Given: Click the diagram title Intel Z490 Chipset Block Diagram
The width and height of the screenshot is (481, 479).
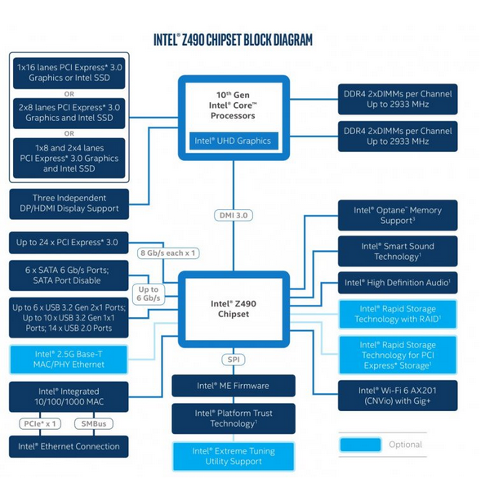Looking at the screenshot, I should click(x=233, y=39).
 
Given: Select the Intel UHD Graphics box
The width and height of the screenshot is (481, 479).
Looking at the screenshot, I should click(x=232, y=141).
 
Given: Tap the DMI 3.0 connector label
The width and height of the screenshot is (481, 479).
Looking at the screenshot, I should click(x=234, y=214).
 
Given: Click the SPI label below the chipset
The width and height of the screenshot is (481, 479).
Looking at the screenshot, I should click(x=233, y=360).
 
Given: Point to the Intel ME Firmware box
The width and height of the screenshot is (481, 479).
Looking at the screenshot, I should click(x=233, y=386).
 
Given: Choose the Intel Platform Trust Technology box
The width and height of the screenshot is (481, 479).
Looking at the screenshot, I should click(x=233, y=419).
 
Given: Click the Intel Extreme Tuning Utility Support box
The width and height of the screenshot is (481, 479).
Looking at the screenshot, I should click(x=233, y=456).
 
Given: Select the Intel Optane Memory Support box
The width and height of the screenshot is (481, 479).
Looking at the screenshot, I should click(x=398, y=215).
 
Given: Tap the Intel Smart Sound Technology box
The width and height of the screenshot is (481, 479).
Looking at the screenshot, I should click(x=398, y=251).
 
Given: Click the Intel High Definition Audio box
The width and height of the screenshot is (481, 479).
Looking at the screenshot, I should click(x=398, y=283).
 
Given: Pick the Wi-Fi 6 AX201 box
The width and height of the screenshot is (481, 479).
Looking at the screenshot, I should click(x=398, y=396).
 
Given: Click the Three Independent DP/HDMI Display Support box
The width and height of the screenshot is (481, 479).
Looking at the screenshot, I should click(x=69, y=204).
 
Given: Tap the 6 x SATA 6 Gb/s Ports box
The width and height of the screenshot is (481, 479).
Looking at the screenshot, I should click(x=69, y=275).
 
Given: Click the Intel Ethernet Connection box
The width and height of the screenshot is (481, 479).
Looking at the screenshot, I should click(x=69, y=446).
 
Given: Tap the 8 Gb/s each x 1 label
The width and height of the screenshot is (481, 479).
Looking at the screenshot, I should click(x=167, y=253).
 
